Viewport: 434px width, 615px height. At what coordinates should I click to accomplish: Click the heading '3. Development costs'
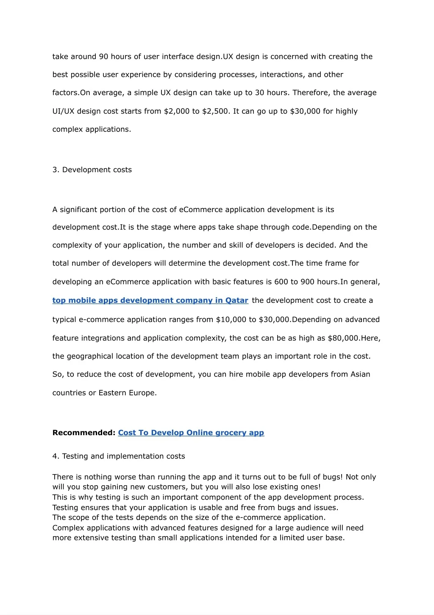[92, 170]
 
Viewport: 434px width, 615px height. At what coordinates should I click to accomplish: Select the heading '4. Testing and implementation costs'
[119, 456]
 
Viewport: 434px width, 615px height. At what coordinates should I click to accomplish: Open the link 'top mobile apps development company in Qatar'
[150, 300]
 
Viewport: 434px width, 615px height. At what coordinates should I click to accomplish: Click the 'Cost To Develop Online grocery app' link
[191, 433]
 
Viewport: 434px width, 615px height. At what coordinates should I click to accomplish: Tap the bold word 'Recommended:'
[84, 433]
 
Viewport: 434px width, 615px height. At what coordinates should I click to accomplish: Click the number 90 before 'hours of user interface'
[103, 56]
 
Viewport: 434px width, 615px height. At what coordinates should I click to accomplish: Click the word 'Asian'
[360, 374]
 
